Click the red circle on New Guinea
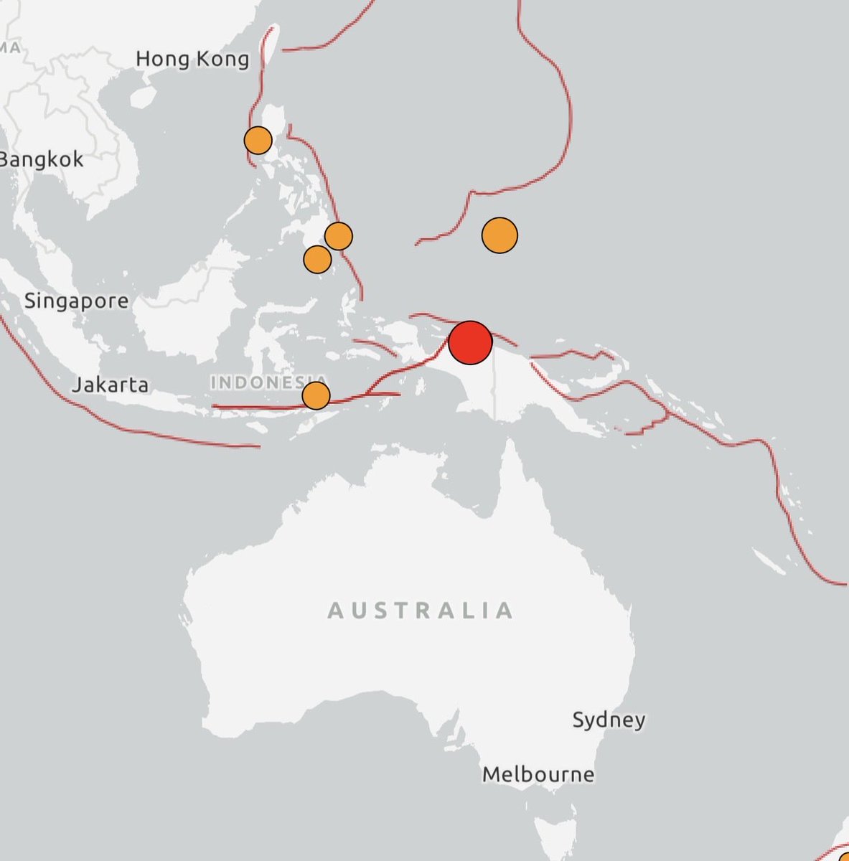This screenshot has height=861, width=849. (470, 342)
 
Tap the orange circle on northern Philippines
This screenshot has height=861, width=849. (258, 141)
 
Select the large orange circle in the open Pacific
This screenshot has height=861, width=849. (499, 235)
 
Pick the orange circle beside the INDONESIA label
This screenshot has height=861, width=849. (316, 395)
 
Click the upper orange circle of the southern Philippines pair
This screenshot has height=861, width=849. (339, 235)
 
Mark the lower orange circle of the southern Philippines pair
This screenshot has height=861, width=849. (317, 259)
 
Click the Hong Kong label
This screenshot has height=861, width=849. (192, 59)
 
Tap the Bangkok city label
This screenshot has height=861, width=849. (42, 159)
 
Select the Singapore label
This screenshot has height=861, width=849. (77, 301)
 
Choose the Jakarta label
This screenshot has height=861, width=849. (111, 385)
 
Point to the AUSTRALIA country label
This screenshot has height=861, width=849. (421, 611)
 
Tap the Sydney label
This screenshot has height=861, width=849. (609, 719)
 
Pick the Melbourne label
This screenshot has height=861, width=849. (538, 774)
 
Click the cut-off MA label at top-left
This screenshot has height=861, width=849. (11, 47)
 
